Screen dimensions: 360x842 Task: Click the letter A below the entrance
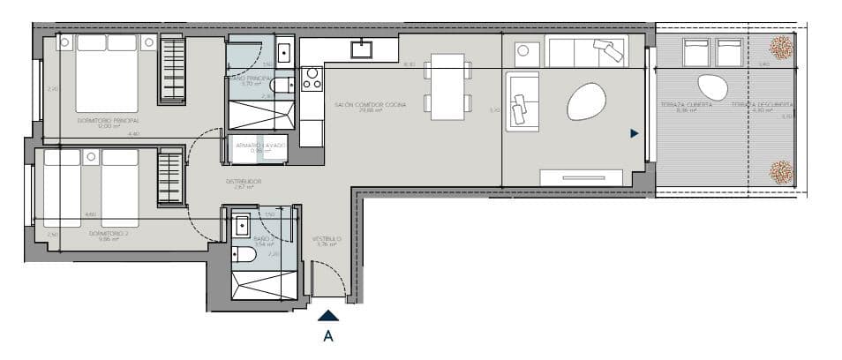(x=328, y=335)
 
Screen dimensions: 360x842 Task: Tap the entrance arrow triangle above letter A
(x=327, y=314)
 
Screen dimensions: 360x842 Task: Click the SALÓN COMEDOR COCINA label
(x=371, y=105)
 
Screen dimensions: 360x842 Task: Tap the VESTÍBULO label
(x=327, y=239)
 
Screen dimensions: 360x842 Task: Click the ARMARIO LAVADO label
(x=257, y=145)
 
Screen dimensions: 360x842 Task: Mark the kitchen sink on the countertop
(x=362, y=49)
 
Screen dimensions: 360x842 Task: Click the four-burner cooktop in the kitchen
(x=312, y=79)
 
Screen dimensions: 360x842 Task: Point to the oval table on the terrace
(x=711, y=87)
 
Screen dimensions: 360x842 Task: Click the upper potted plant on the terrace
(x=779, y=47)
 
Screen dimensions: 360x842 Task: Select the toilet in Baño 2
(x=245, y=254)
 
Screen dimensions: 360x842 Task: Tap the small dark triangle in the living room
(x=634, y=134)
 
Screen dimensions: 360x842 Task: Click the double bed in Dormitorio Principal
(x=107, y=74)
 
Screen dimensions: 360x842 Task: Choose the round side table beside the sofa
(x=523, y=52)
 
